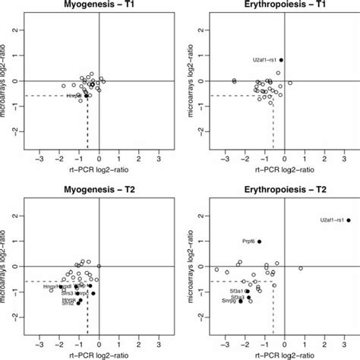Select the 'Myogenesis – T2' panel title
(99, 189)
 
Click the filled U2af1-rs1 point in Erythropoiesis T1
(281, 60)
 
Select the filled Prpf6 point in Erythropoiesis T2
(259, 242)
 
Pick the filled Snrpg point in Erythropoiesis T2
(241, 302)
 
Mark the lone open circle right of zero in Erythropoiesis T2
(301, 269)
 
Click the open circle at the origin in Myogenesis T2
(99, 266)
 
